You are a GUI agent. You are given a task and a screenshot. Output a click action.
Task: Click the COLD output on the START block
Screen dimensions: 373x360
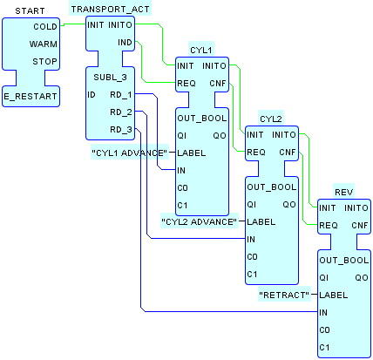click(45, 27)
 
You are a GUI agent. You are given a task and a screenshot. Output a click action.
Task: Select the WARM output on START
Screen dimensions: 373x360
click(44, 44)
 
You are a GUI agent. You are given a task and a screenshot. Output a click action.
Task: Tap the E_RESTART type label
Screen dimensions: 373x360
click(31, 97)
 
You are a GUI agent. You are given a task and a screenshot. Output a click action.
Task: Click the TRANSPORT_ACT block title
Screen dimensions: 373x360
click(111, 10)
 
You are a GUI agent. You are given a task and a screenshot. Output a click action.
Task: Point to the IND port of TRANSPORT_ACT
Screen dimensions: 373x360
click(125, 43)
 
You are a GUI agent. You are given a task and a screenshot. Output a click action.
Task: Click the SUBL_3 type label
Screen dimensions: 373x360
click(110, 78)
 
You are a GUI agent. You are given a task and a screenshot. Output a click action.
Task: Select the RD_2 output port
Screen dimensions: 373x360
click(121, 112)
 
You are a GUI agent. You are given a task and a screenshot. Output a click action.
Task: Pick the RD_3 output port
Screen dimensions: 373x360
click(121, 130)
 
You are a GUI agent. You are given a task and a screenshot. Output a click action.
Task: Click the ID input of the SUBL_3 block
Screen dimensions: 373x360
click(92, 95)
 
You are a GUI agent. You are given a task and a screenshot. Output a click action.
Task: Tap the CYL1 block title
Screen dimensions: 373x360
click(201, 51)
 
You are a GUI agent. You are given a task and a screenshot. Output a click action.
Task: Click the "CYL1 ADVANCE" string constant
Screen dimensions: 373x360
click(130, 153)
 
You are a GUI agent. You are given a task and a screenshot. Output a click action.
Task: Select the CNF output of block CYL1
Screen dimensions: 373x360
click(218, 84)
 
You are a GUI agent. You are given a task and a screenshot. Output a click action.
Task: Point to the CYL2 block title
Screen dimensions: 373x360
click(271, 119)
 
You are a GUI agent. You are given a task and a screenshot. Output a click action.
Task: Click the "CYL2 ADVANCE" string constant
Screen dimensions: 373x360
click(200, 222)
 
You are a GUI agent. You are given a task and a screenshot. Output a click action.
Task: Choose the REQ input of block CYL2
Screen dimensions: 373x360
click(256, 153)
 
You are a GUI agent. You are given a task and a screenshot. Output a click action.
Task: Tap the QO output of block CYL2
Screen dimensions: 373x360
click(289, 205)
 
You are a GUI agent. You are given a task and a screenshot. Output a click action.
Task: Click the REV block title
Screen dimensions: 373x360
click(344, 192)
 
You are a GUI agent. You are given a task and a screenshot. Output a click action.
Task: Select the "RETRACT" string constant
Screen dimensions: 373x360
click(284, 295)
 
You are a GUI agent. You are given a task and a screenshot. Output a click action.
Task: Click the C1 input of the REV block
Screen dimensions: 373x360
click(324, 348)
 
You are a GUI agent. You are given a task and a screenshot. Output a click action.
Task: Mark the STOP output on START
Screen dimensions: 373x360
click(44, 62)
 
